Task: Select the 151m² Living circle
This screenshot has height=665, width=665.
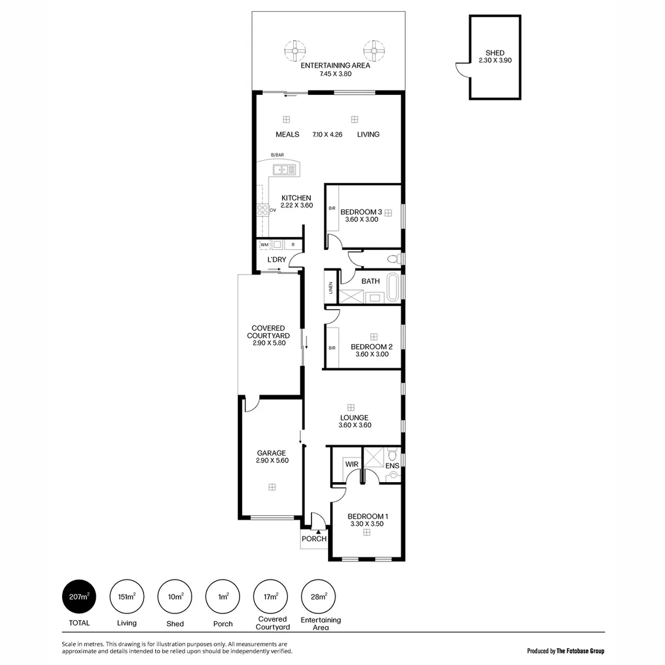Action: [x=127, y=597]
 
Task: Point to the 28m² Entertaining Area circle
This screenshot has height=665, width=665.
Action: [x=318, y=597]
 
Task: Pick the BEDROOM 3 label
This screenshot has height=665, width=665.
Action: [x=361, y=212]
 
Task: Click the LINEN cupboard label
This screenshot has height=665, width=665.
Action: [x=331, y=288]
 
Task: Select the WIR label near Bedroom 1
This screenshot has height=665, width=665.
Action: [x=352, y=464]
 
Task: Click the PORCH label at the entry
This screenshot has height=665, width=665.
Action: [x=313, y=539]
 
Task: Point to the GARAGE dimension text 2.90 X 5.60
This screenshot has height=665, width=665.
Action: [x=272, y=461]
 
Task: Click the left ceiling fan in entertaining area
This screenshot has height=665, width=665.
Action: [x=295, y=49]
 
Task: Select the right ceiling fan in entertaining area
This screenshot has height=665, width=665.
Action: [x=373, y=49]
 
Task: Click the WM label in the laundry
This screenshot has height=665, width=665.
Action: [x=264, y=244]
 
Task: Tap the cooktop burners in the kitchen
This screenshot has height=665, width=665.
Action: [x=262, y=210]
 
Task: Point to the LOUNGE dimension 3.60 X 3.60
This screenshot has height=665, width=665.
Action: [x=355, y=425]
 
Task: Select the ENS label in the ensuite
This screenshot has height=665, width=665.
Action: [x=392, y=465]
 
